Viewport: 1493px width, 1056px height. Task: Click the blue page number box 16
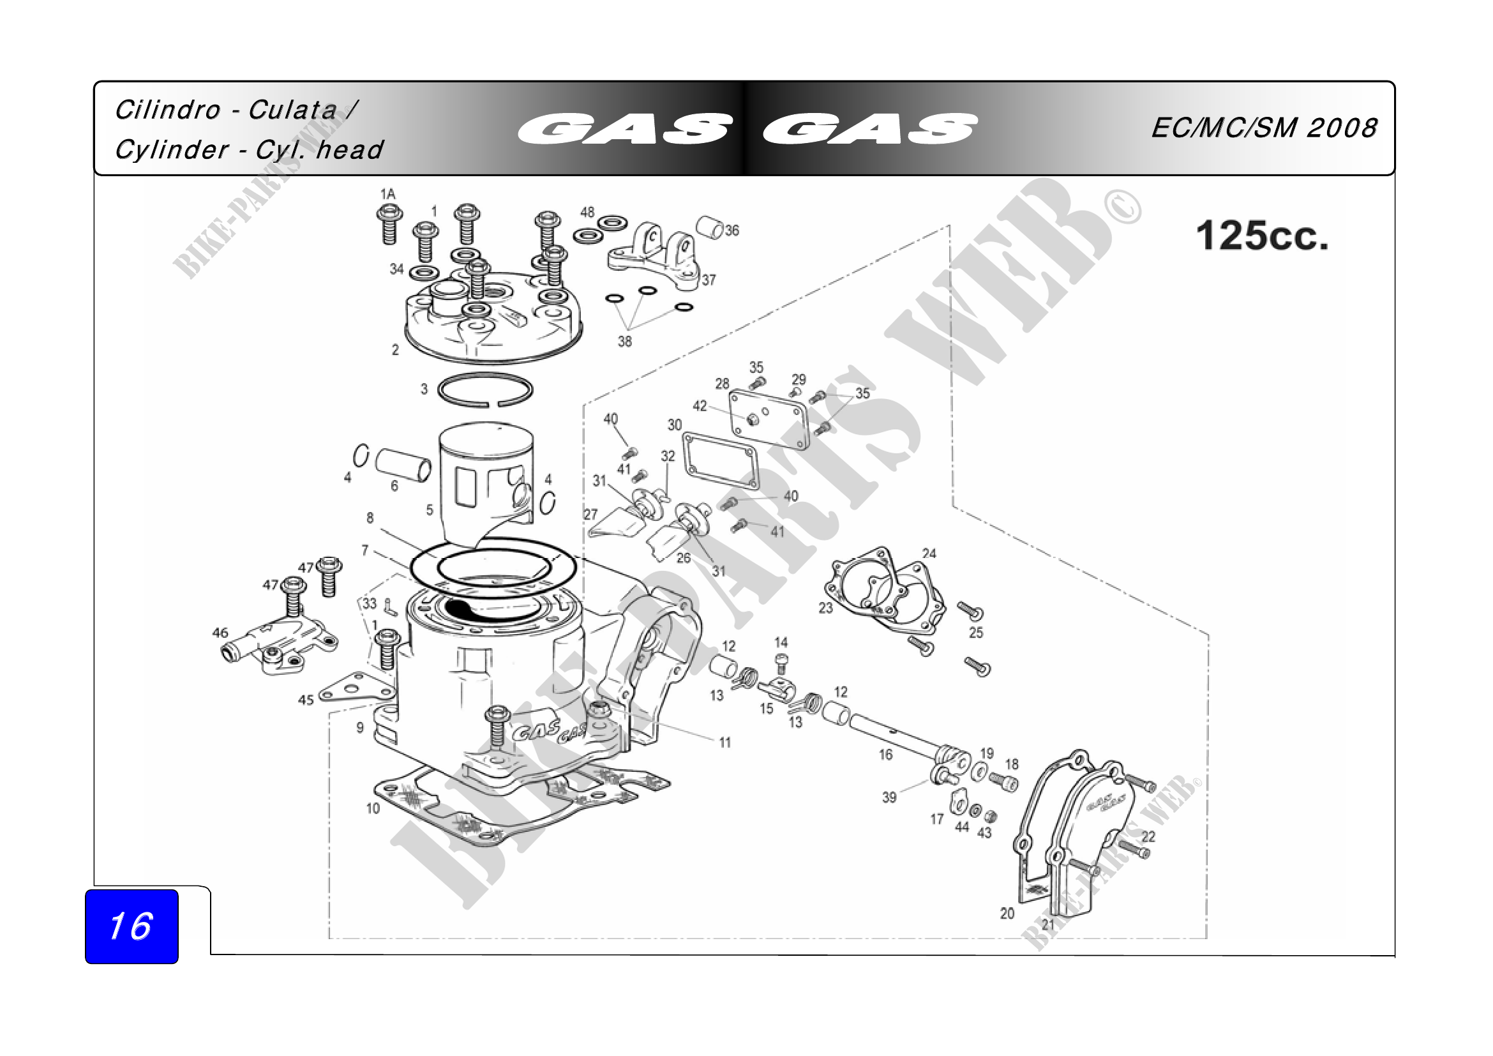click(131, 926)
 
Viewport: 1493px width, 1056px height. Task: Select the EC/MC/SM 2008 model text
click(1264, 128)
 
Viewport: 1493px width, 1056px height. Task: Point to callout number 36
click(732, 230)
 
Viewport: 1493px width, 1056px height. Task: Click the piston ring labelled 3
click(485, 390)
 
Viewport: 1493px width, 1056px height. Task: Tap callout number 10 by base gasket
click(373, 808)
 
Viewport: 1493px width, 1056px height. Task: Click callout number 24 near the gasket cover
click(929, 554)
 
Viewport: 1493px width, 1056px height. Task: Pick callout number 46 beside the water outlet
click(220, 632)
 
